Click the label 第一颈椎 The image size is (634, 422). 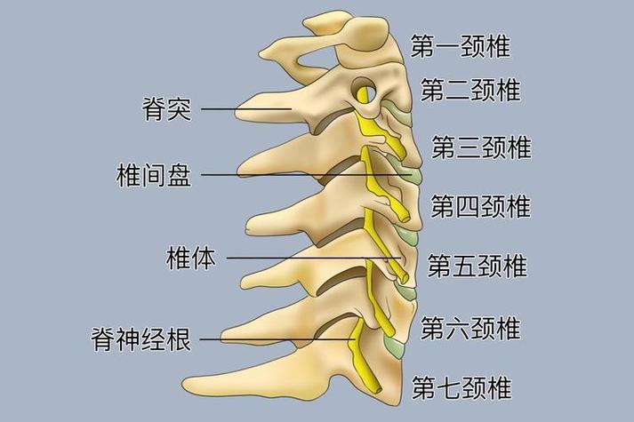(461, 46)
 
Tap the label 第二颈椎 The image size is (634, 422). (470, 89)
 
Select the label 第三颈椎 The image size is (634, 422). (481, 147)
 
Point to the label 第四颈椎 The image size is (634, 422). (480, 206)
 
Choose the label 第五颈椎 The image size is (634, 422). (478, 266)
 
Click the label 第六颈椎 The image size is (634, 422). (470, 328)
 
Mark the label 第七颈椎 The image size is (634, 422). (461, 387)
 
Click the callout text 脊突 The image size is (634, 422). (166, 108)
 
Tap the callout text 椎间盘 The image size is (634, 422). (154, 175)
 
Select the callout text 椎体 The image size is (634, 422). (191, 258)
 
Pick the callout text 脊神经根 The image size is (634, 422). (141, 338)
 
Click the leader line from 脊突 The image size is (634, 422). (246, 109)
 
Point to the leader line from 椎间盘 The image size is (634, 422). (307, 175)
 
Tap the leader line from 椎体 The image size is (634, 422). (314, 258)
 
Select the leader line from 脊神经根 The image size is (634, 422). (277, 339)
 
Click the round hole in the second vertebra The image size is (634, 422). (365, 92)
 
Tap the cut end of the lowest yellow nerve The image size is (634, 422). (378, 390)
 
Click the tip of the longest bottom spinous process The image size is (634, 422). (184, 384)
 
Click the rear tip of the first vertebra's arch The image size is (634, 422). (261, 53)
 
